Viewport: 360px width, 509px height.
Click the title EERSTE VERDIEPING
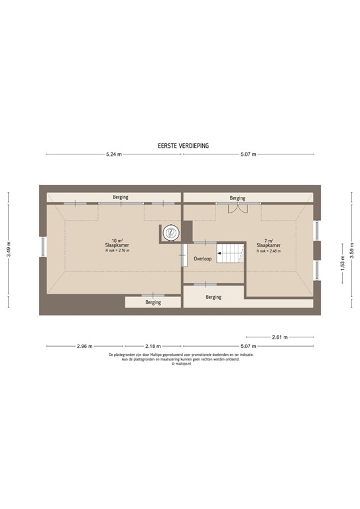180,144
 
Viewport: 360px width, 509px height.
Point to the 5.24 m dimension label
114,154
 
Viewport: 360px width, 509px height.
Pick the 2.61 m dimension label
280,337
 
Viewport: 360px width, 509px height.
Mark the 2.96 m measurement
84,346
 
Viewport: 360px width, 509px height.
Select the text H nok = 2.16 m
117,251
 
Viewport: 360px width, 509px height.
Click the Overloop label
202,258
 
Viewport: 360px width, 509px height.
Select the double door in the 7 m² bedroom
237,208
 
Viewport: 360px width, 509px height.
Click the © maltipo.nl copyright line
180,364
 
